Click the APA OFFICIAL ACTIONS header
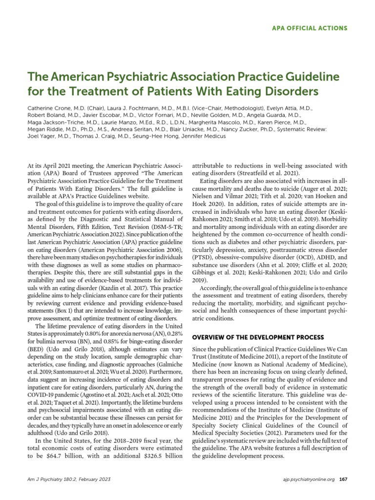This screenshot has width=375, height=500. click(x=309, y=28)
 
